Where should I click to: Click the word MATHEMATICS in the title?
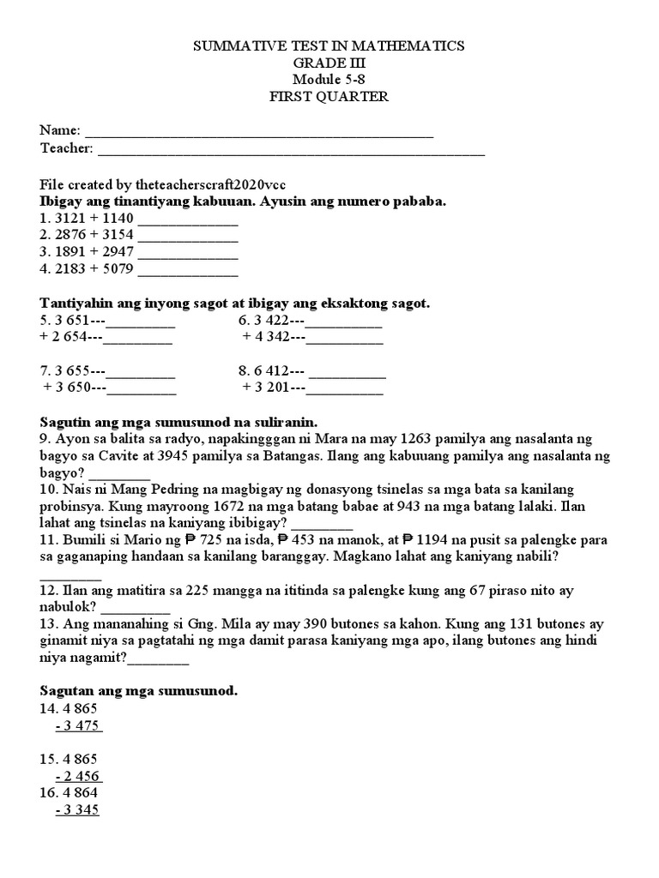(x=410, y=45)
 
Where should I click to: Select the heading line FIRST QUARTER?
(x=329, y=97)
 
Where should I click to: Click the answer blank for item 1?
(x=188, y=221)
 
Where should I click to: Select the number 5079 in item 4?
(x=118, y=271)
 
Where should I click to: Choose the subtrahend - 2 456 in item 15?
(x=78, y=776)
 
